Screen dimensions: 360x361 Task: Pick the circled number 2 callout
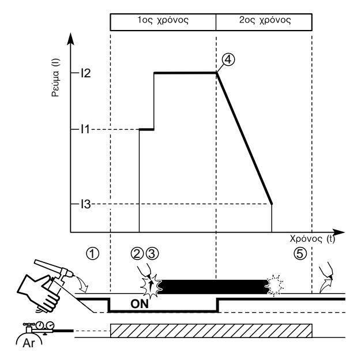tap(138, 253)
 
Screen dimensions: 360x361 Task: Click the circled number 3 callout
tap(152, 253)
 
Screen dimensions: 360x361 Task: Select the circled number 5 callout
tap(298, 253)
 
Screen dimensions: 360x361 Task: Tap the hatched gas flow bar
tap(210, 331)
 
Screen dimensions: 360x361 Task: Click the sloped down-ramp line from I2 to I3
tap(244, 138)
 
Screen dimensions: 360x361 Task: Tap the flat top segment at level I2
tap(185, 72)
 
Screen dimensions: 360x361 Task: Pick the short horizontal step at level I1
tap(147, 129)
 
